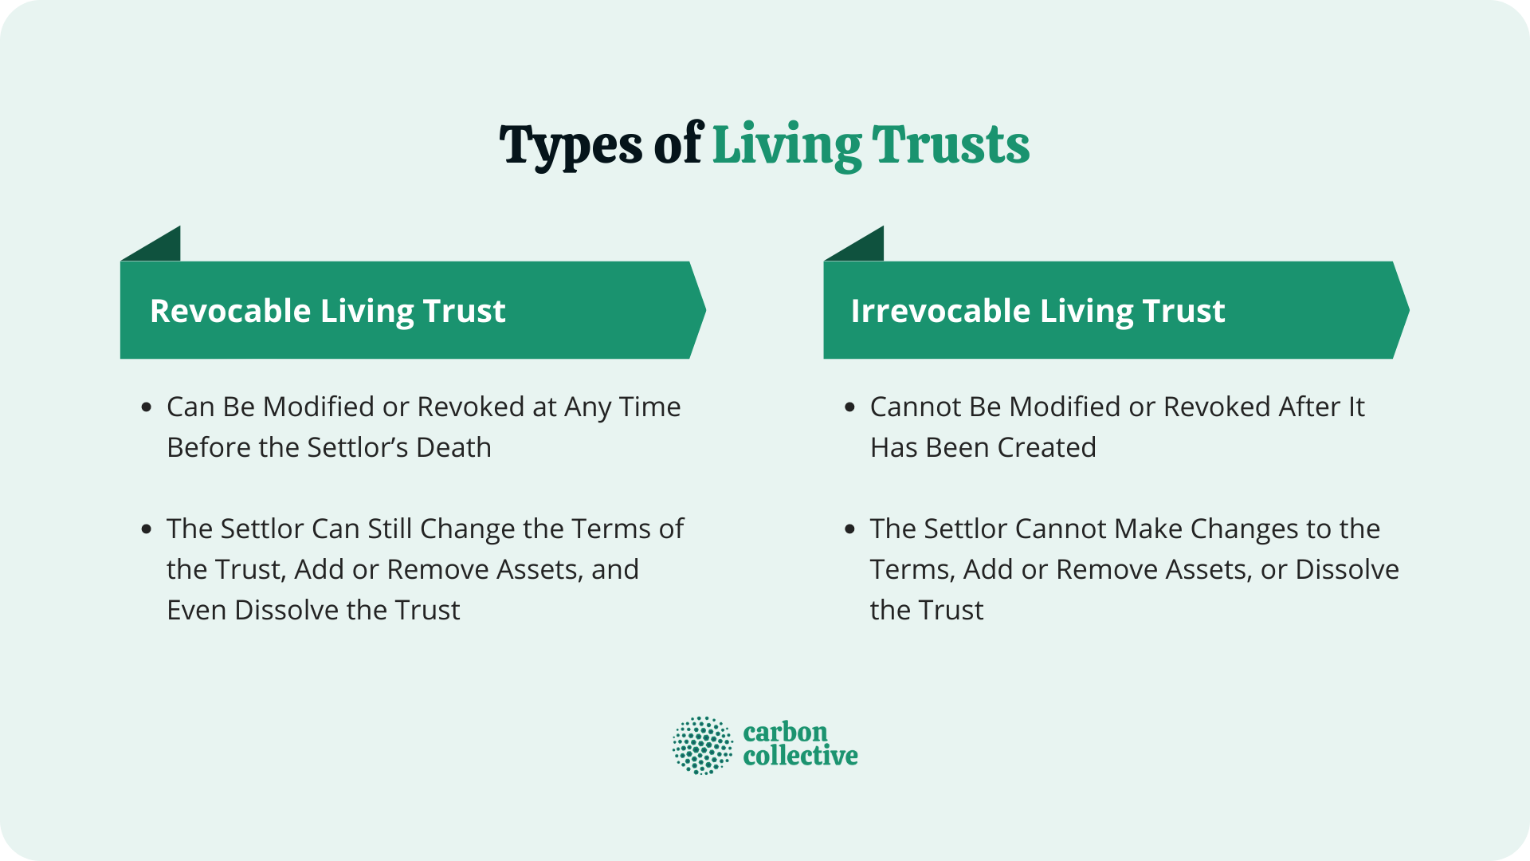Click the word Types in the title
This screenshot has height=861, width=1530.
(x=570, y=146)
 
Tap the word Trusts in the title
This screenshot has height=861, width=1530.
(x=950, y=146)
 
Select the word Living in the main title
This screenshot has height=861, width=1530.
(x=787, y=146)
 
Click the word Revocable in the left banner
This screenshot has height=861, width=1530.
(x=229, y=311)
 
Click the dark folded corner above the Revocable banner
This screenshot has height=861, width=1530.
(x=160, y=247)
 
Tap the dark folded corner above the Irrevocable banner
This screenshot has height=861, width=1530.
(x=864, y=247)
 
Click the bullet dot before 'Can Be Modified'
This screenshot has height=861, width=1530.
(x=146, y=407)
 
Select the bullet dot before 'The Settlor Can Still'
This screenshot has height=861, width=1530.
(x=146, y=529)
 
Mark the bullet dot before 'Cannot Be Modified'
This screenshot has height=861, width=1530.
(x=849, y=407)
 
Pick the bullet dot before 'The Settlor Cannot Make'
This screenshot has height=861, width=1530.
(x=849, y=529)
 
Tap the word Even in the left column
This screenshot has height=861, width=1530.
(x=197, y=611)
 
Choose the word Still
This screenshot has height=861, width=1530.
(x=390, y=529)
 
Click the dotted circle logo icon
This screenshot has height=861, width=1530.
(x=702, y=745)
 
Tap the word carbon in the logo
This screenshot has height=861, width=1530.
(x=785, y=732)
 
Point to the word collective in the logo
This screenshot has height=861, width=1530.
(x=800, y=756)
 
